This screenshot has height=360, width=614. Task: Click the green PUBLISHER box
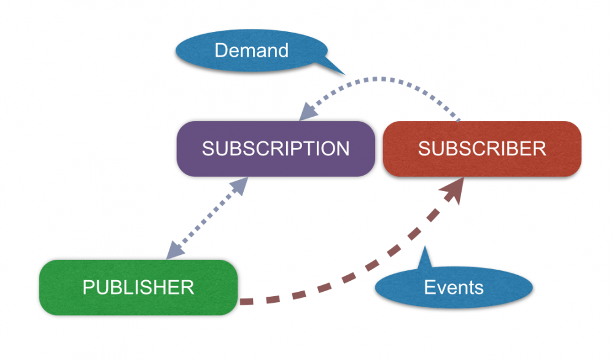click(x=138, y=287)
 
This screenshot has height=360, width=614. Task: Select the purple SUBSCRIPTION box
click(x=276, y=149)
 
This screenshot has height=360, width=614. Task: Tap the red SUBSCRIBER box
click(x=482, y=149)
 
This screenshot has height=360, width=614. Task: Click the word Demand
click(x=251, y=50)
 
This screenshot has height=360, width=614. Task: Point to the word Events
click(x=454, y=288)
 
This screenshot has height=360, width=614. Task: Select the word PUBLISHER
click(x=138, y=287)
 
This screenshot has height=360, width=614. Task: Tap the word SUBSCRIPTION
click(x=276, y=149)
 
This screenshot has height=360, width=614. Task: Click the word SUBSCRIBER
click(x=482, y=149)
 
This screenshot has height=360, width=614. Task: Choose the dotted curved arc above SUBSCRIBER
click(x=393, y=79)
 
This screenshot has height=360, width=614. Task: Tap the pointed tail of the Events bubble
click(x=424, y=254)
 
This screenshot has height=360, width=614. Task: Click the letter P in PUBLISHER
click(x=88, y=287)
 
